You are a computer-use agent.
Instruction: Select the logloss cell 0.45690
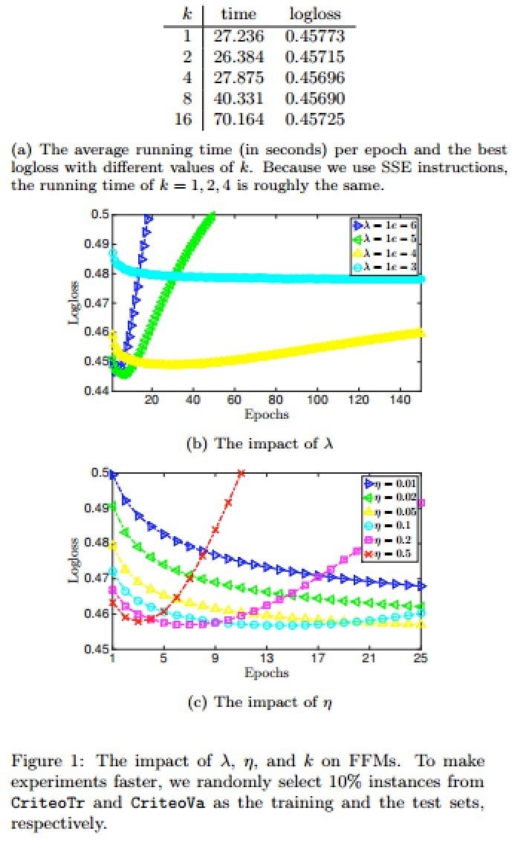point(318,99)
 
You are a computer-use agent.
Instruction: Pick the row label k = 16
point(183,120)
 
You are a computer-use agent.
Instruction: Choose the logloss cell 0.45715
point(318,57)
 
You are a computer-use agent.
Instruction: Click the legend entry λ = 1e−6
point(386,224)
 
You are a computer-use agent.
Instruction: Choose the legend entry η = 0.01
point(388,483)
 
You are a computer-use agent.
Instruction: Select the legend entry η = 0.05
point(388,512)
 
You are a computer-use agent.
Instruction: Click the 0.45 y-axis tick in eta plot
point(100,649)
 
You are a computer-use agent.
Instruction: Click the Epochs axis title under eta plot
point(266,673)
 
